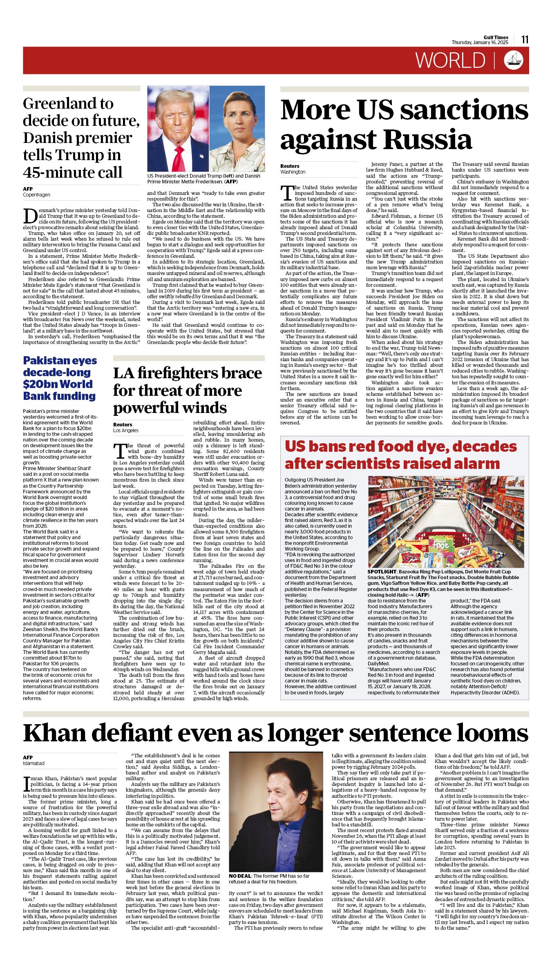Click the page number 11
[525, 40]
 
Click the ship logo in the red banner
[514, 60]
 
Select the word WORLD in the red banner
[450, 60]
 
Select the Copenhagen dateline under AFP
[36, 195]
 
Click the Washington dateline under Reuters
[293, 172]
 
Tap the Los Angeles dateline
[126, 431]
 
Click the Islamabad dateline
[34, 763]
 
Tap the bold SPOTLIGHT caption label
[382, 572]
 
